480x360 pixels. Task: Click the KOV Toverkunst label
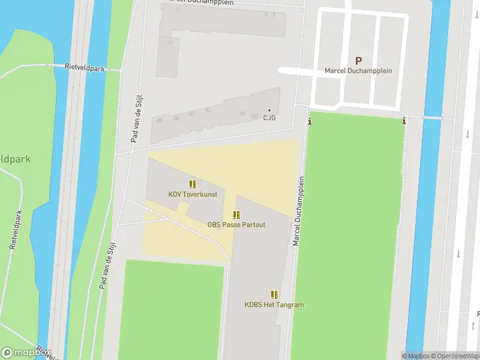192,194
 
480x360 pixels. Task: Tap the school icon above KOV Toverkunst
193,184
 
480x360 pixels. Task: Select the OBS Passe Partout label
236,225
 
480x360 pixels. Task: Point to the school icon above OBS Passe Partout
237,215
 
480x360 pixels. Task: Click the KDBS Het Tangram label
274,305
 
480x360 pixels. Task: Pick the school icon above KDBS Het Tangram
274,295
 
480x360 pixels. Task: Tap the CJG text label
269,118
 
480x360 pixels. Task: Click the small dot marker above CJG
269,110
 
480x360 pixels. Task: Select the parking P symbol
358,60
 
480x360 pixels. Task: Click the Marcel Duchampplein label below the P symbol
358,71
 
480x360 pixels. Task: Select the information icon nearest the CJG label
310,122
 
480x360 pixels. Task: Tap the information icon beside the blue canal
404,121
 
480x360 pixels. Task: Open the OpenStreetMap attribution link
457,356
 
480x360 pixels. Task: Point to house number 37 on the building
170,43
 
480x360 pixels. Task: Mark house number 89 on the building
159,120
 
